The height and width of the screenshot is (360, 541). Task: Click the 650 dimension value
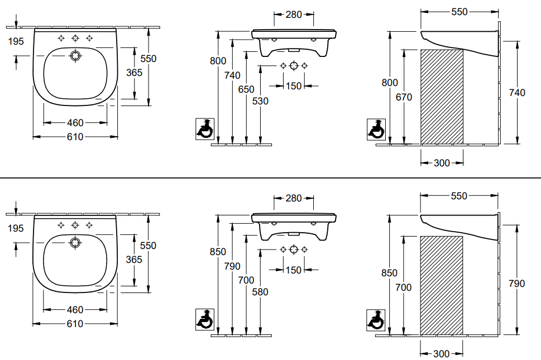(x=246, y=89)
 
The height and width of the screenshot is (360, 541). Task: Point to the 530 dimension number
(x=261, y=101)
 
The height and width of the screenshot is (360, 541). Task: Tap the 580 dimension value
(x=261, y=292)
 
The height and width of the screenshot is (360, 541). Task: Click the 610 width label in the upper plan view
(x=75, y=137)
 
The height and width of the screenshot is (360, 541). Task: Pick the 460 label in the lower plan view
(x=75, y=310)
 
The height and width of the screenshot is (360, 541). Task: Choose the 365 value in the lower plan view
(x=134, y=260)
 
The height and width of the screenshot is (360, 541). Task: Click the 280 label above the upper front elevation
(x=294, y=15)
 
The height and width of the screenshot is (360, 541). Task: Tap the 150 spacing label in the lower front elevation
(x=294, y=270)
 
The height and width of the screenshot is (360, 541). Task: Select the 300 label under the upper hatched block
(x=442, y=163)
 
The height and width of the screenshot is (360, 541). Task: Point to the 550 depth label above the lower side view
(x=459, y=196)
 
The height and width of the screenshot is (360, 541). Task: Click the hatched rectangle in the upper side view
(x=442, y=96)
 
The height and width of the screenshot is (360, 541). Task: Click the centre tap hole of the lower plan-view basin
(x=75, y=225)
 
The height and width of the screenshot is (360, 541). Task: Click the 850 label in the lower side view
(x=390, y=273)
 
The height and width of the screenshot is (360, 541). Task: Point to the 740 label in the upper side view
(x=517, y=93)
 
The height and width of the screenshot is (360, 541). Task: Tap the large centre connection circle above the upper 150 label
(x=294, y=65)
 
